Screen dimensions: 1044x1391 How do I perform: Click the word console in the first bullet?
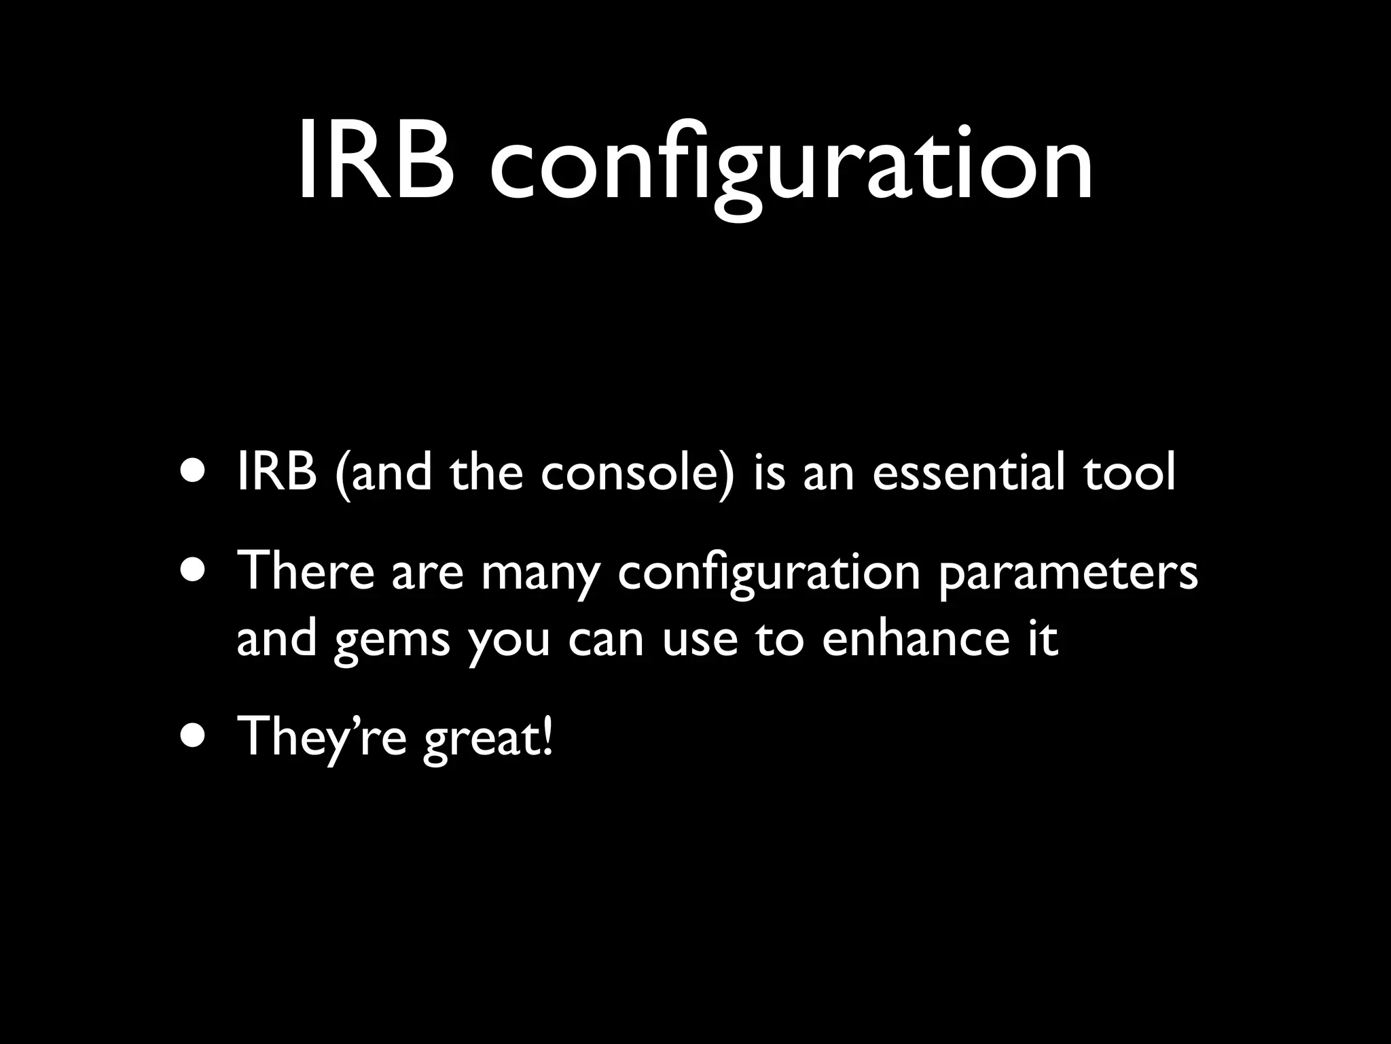coord(638,472)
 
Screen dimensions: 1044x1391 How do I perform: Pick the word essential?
coord(969,472)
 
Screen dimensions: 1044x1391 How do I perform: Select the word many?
coord(541,574)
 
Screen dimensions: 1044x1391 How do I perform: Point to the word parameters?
coord(1068,574)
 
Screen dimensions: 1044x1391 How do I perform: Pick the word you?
coord(509,642)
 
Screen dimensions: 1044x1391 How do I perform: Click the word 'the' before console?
coord(486,472)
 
